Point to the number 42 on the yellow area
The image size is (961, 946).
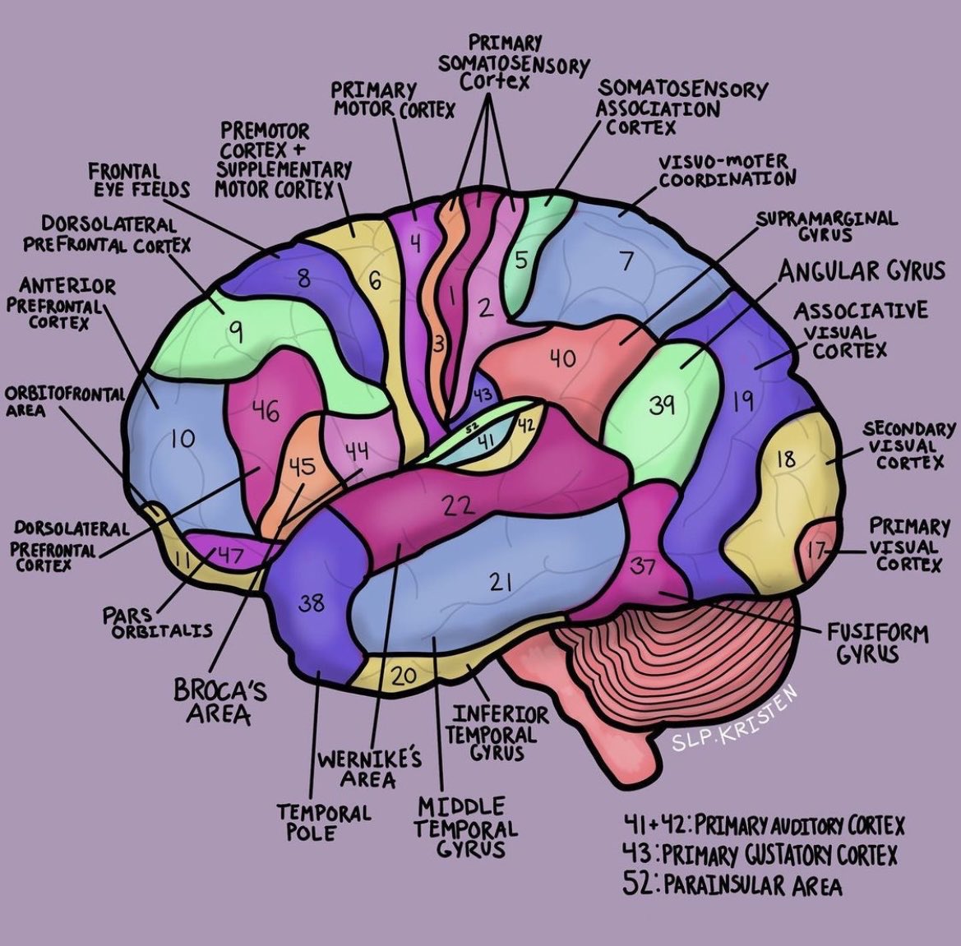[x=525, y=424]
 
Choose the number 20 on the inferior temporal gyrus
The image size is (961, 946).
[x=404, y=676]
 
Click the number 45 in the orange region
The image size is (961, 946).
[x=302, y=467]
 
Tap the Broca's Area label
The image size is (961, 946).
[x=219, y=701]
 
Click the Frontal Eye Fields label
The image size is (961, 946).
[x=139, y=180]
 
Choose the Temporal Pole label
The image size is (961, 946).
[x=323, y=822]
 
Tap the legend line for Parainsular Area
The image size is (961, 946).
[x=733, y=885]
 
